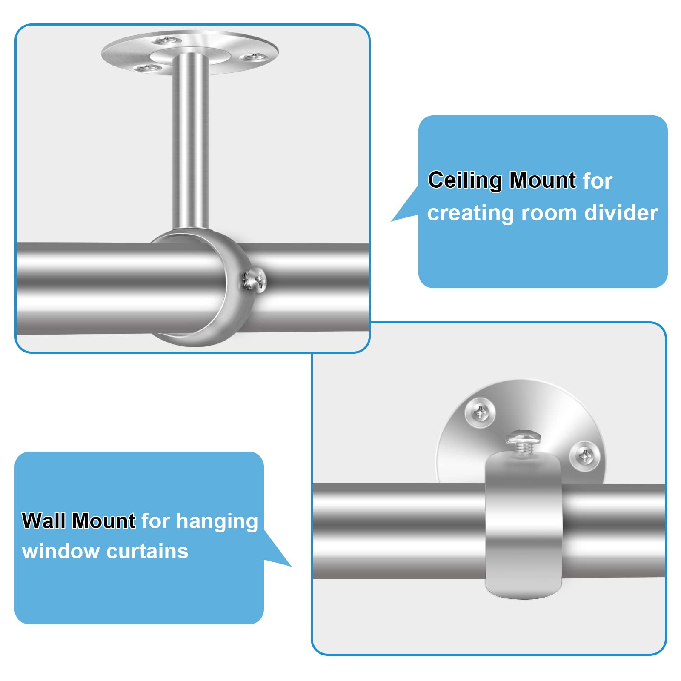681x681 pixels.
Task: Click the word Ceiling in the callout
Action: [x=465, y=181]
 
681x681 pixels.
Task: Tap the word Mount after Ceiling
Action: [x=543, y=180]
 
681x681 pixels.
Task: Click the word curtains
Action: [x=147, y=552]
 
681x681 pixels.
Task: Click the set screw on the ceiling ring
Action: [x=255, y=280]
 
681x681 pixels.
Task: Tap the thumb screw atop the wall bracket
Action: [x=523, y=443]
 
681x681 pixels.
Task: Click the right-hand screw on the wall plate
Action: [x=585, y=456]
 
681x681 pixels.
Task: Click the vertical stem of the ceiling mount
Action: [x=191, y=140]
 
